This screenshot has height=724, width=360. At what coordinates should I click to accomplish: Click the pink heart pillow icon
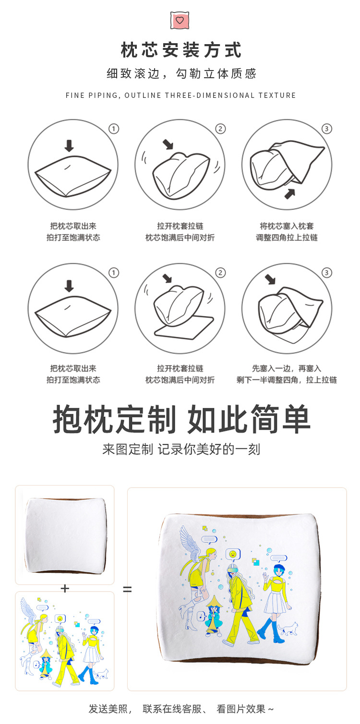click(x=180, y=20)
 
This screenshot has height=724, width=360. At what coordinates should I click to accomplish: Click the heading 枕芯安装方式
click(x=181, y=50)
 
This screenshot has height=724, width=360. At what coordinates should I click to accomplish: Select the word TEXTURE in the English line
click(x=277, y=95)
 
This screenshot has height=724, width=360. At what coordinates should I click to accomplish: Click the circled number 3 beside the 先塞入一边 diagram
click(x=327, y=273)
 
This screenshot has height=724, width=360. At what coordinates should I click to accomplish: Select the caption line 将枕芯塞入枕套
click(x=287, y=226)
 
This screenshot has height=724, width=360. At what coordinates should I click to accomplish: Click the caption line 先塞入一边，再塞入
click(x=287, y=368)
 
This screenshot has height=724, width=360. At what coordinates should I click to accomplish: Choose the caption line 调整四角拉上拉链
click(x=287, y=237)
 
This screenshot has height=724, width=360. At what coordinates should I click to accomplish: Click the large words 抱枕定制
click(x=114, y=420)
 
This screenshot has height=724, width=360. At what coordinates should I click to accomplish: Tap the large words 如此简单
click(x=249, y=420)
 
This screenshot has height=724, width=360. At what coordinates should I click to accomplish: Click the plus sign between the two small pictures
click(x=65, y=588)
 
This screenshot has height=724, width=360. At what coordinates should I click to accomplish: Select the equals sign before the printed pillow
click(x=127, y=589)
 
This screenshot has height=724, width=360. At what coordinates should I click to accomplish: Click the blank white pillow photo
click(x=65, y=535)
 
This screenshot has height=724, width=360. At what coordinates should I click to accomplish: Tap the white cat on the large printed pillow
click(x=288, y=628)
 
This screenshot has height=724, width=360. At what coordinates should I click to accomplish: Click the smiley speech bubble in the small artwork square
click(x=60, y=618)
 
